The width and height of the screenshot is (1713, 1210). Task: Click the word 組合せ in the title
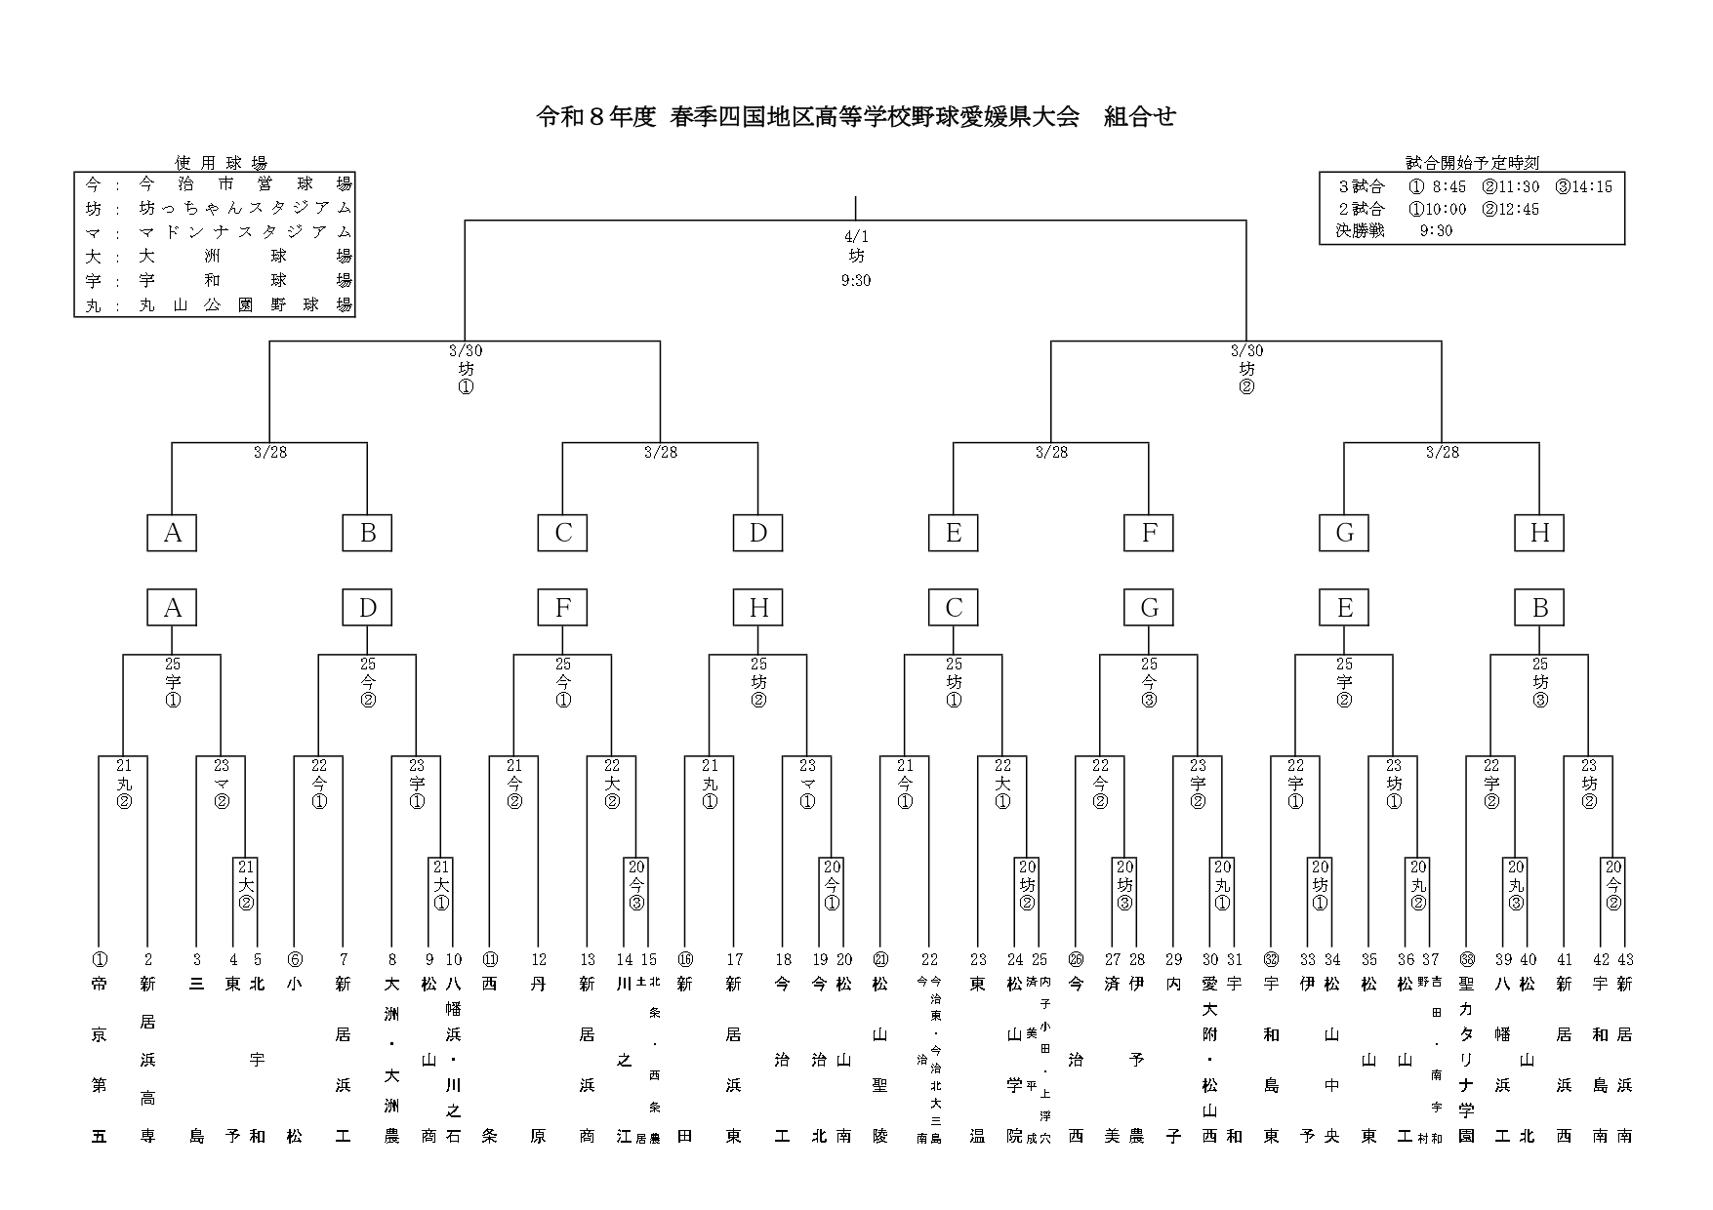tap(1139, 117)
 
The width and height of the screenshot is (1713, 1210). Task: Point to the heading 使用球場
tap(221, 163)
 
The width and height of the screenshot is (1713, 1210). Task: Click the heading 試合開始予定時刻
tap(1471, 163)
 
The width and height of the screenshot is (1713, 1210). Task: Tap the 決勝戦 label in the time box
tap(1360, 231)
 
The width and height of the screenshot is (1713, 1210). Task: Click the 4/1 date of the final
tap(855, 236)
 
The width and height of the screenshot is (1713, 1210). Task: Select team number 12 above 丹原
tap(539, 959)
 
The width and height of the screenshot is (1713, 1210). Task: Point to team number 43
tap(1625, 959)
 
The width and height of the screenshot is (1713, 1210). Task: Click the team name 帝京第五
tap(99, 1059)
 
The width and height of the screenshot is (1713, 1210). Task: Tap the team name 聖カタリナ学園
tap(1466, 1059)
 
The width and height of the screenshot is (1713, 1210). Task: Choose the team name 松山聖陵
tap(880, 1059)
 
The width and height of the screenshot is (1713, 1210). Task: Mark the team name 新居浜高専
tap(147, 1059)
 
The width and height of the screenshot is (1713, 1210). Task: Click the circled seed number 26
tap(1076, 959)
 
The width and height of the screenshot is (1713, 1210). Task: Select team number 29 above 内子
tap(1173, 959)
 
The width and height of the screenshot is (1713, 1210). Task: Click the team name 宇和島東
tap(1271, 1059)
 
